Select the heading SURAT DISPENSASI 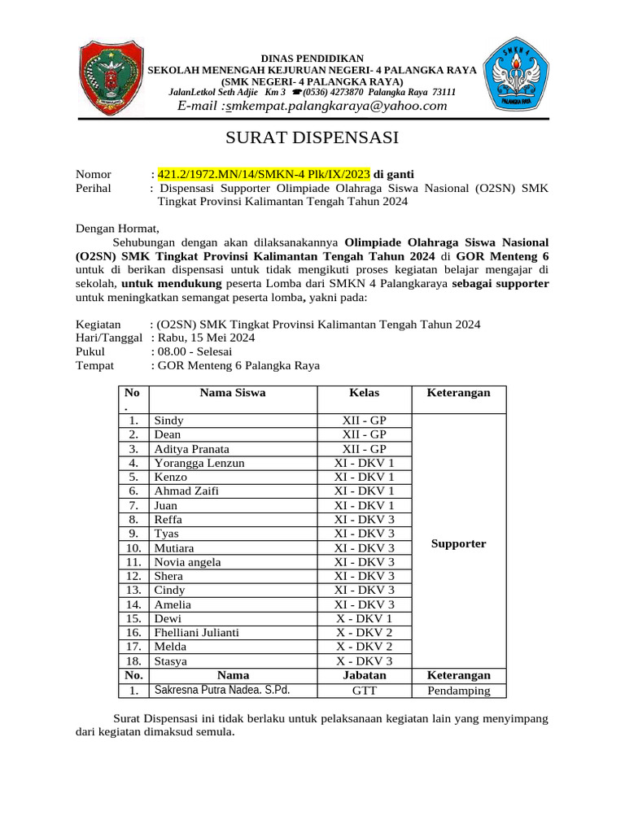[x=312, y=137]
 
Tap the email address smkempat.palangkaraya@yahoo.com [x=312, y=106]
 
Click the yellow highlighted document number [x=264, y=174]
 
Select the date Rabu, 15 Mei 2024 [x=207, y=338]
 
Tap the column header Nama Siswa [x=233, y=393]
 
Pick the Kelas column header [x=364, y=393]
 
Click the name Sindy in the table [x=168, y=421]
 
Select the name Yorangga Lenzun [x=199, y=463]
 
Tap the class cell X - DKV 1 [x=364, y=618]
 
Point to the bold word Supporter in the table [x=459, y=543]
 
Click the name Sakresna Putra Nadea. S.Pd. [x=222, y=690]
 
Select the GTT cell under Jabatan [x=364, y=691]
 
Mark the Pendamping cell [x=459, y=691]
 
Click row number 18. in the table [x=133, y=661]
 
